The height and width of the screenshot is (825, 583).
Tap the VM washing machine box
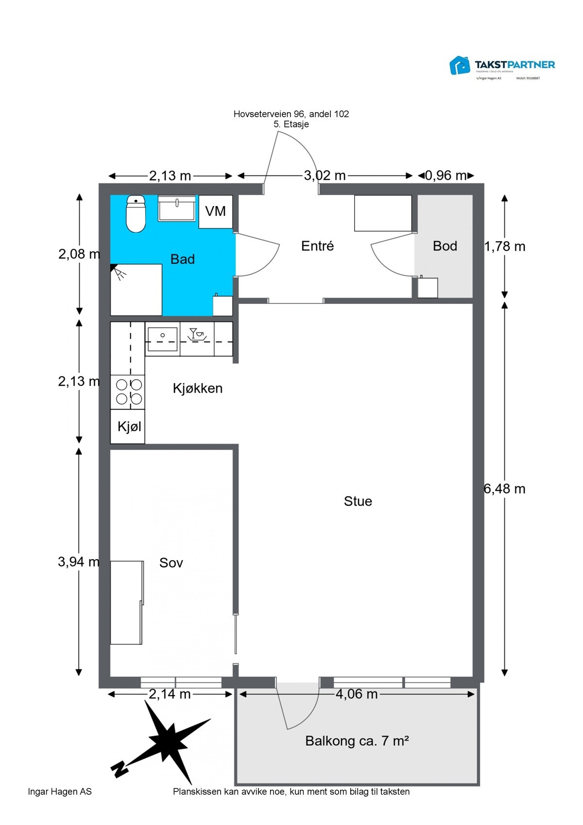pyautogui.click(x=216, y=211)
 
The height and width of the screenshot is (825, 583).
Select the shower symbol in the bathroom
pyautogui.click(x=119, y=273)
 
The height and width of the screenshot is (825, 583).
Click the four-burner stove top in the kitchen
pyautogui.click(x=128, y=392)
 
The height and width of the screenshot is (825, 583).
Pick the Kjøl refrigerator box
pyautogui.click(x=128, y=427)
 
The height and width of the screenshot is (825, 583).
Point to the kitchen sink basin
pyautogui.click(x=162, y=339)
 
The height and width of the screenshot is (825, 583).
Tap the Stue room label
pyautogui.click(x=358, y=501)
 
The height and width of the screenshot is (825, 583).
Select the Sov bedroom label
pyautogui.click(x=171, y=563)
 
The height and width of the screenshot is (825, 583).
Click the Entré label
pyautogui.click(x=317, y=246)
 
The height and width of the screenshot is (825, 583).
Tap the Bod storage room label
pyautogui.click(x=445, y=246)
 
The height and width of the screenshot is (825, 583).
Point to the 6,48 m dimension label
pyautogui.click(x=505, y=489)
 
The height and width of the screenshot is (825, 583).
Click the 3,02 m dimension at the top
pyautogui.click(x=325, y=176)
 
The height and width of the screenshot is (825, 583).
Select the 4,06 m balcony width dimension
pyautogui.click(x=357, y=694)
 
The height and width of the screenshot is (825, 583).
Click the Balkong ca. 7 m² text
pyautogui.click(x=357, y=741)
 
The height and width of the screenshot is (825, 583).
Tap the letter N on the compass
pyautogui.click(x=119, y=769)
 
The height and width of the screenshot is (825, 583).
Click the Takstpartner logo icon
pyautogui.click(x=460, y=66)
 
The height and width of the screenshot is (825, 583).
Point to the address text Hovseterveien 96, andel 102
pyautogui.click(x=291, y=114)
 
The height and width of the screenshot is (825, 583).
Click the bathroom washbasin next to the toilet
pyautogui.click(x=177, y=209)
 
